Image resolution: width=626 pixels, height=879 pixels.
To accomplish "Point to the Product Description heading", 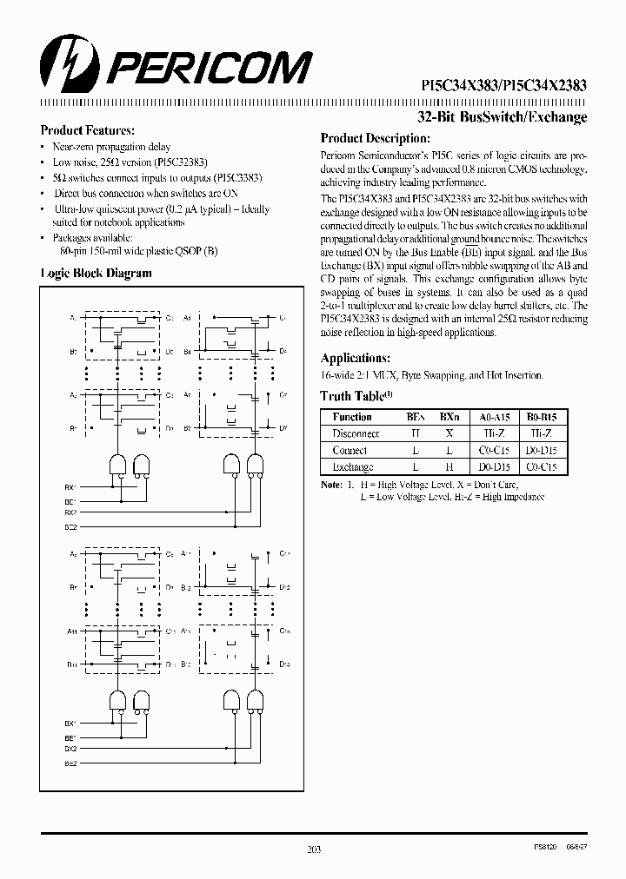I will coord(375,138).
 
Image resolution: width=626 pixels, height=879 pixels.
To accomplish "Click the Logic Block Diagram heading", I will coord(97,273).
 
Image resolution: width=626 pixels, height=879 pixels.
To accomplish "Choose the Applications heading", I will coord(354,358).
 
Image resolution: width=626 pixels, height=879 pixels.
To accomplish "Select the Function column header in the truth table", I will coord(352,417).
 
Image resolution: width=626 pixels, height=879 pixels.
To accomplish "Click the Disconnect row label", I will coord(356,433).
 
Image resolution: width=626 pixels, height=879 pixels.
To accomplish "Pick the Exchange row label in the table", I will coord(353,466).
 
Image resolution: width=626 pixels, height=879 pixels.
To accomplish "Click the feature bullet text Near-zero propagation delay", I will coord(111,148).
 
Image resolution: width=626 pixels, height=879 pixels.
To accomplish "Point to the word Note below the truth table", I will coord(330,484).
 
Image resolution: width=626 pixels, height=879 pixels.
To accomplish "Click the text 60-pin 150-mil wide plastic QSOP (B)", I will coord(135,249).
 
